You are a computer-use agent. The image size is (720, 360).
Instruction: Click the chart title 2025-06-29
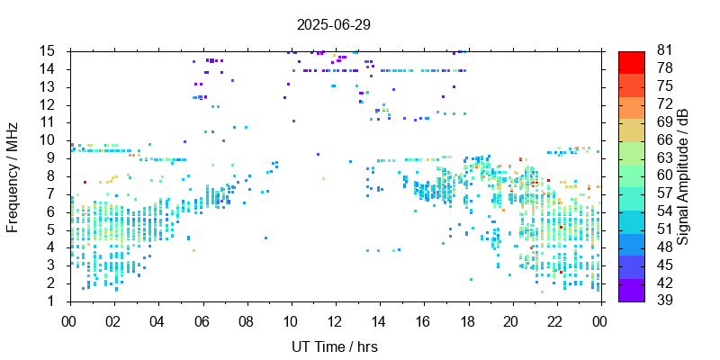pyautogui.click(x=334, y=24)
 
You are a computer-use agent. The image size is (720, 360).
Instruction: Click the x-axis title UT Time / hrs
pyautogui.click(x=334, y=347)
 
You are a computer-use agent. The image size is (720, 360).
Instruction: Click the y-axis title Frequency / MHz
pyautogui.click(x=13, y=175)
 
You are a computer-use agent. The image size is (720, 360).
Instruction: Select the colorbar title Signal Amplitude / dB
pyautogui.click(x=683, y=175)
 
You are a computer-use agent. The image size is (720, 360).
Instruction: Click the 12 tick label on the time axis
pyautogui.click(x=335, y=321)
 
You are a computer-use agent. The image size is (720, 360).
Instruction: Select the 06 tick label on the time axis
pyautogui.click(x=202, y=321)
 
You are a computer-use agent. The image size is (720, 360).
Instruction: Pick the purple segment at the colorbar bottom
pyautogui.click(x=632, y=292)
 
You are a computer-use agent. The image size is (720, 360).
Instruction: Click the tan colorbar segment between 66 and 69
pyautogui.click(x=632, y=130)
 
